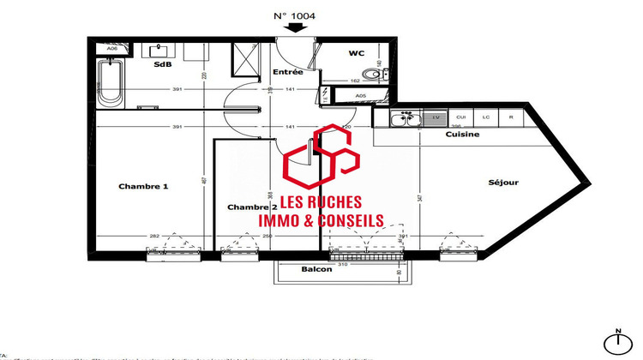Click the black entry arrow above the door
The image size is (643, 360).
(296, 27)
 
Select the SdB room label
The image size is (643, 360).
(161, 64)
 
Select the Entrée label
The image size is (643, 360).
(287, 72)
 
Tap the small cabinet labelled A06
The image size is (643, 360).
(112, 49)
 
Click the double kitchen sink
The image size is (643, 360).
(406, 117)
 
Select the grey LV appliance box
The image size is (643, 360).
(436, 117)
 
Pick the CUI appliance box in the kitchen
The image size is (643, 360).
(460, 117)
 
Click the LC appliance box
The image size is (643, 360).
(485, 117)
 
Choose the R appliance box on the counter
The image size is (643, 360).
(511, 117)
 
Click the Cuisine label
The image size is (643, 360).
(462, 135)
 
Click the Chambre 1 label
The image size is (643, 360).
(143, 186)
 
